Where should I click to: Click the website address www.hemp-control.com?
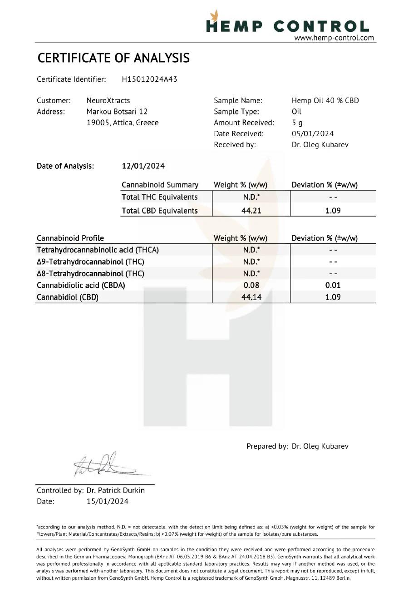tap(334, 38)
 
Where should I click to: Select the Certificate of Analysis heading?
tap(113, 58)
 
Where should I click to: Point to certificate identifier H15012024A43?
tap(149, 79)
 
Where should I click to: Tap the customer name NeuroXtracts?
tap(108, 100)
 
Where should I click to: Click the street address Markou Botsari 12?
tap(117, 111)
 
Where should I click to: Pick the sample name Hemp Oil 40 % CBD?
tap(325, 100)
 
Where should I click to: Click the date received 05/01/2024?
tap(313, 133)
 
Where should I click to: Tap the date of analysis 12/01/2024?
tap(141, 166)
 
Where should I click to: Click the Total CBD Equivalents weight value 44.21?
tap(251, 211)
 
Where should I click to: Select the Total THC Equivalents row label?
tap(160, 197)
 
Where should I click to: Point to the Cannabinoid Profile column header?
tap(70, 238)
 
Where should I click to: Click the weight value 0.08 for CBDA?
tap(251, 285)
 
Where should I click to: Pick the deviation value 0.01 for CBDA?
tap(333, 285)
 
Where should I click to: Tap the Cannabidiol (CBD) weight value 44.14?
tap(251, 297)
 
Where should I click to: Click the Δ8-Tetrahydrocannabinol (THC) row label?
tap(90, 273)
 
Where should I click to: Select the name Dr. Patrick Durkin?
tap(116, 490)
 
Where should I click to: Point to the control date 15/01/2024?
tap(108, 501)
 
